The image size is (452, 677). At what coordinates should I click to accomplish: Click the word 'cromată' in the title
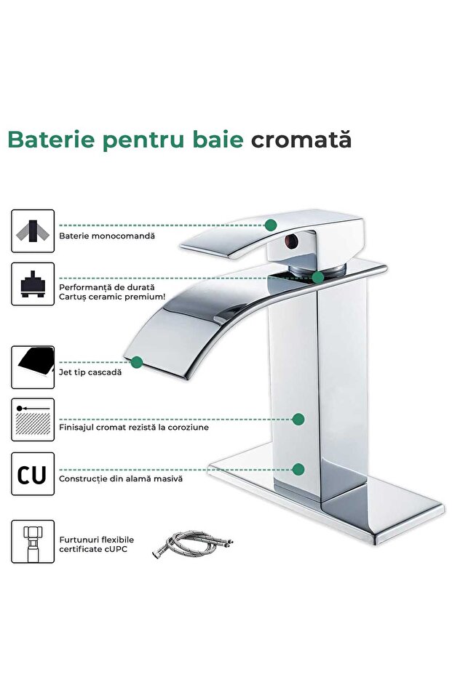(x=301, y=140)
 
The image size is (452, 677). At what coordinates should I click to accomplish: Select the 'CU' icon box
(x=33, y=474)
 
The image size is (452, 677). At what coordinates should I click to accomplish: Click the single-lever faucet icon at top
(x=33, y=231)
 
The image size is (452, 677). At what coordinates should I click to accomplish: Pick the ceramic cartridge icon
(x=33, y=284)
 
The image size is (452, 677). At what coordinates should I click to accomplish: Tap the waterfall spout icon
(x=33, y=367)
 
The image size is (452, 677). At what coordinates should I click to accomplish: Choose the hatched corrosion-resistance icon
(x=33, y=420)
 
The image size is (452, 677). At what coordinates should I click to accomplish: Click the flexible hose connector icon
(x=33, y=541)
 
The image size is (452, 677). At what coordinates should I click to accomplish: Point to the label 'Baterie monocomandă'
(x=107, y=236)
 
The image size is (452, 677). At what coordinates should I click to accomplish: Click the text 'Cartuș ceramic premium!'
(x=112, y=297)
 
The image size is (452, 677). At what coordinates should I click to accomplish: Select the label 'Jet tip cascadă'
(x=90, y=372)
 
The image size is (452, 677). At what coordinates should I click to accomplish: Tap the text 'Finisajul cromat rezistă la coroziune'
(x=134, y=427)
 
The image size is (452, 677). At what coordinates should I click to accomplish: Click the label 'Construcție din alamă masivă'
(x=121, y=478)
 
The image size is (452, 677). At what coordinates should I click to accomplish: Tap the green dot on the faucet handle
(x=271, y=225)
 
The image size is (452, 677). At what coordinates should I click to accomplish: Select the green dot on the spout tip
(x=137, y=361)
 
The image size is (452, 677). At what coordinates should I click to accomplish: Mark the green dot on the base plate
(x=298, y=469)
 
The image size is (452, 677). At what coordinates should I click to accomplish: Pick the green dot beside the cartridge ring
(x=318, y=277)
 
